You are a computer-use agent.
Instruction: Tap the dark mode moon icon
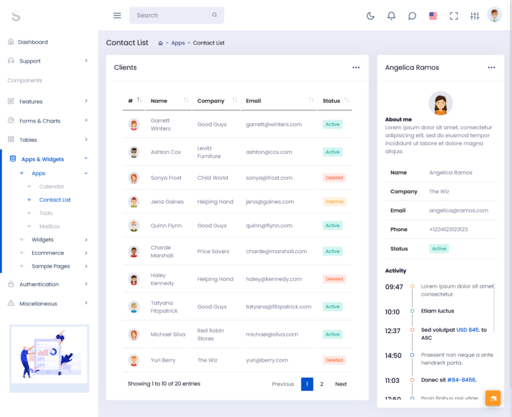pyautogui.click(x=371, y=16)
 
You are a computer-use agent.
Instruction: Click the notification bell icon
pyautogui.click(x=391, y=16)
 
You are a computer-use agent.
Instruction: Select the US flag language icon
pyautogui.click(x=433, y=16)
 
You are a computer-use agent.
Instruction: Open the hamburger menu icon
pyautogui.click(x=117, y=15)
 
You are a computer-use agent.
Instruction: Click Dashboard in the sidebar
pyautogui.click(x=33, y=42)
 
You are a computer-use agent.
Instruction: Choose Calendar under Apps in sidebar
pyautogui.click(x=51, y=187)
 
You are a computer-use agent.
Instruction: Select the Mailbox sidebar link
pyautogui.click(x=49, y=226)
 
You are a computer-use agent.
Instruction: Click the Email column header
pyautogui.click(x=253, y=101)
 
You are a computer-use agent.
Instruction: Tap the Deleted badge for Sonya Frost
pyautogui.click(x=334, y=178)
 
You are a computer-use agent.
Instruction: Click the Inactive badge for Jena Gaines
pyautogui.click(x=334, y=202)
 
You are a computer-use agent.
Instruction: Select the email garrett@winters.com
pyautogui.click(x=273, y=125)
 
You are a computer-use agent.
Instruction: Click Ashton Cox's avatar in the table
pyautogui.click(x=134, y=152)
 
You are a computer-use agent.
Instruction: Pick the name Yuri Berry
pyautogui.click(x=163, y=360)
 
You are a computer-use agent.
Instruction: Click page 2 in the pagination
pyautogui.click(x=321, y=384)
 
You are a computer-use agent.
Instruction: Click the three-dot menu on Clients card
pyautogui.click(x=356, y=68)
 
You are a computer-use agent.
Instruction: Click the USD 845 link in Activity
pyautogui.click(x=467, y=330)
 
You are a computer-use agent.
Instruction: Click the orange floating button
pyautogui.click(x=493, y=398)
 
